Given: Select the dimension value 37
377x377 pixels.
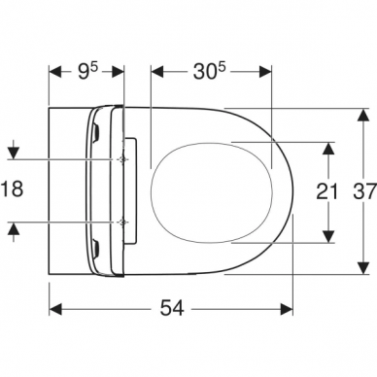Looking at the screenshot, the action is point(364,190).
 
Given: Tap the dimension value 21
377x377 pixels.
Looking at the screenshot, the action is point(326,191).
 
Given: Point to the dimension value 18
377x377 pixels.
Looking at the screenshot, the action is point(12,188).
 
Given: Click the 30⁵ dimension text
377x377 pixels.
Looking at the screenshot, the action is point(209,71).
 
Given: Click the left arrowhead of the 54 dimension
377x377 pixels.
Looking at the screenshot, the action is point(55,309).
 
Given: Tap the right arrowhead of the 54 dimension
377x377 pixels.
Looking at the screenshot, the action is point(287,309).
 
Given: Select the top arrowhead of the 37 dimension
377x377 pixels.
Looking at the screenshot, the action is point(364,115).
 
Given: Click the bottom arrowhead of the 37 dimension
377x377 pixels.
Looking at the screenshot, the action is point(364,267).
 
